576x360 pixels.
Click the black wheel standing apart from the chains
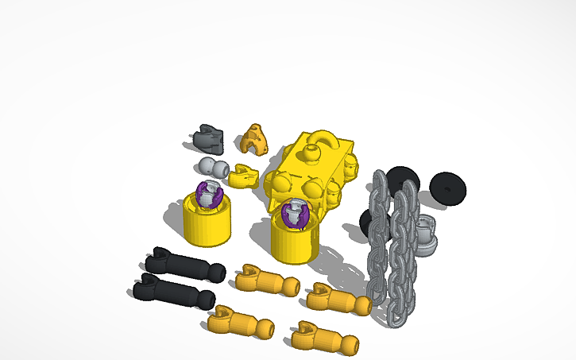click(x=449, y=187)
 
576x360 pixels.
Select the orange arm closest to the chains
click(x=340, y=299)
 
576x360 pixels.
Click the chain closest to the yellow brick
click(x=380, y=238)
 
